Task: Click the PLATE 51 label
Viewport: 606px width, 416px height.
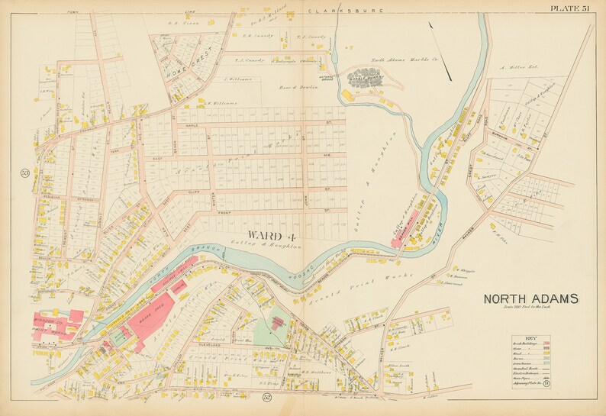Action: (569, 8)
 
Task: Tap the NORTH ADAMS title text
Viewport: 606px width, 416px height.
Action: (530, 298)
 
